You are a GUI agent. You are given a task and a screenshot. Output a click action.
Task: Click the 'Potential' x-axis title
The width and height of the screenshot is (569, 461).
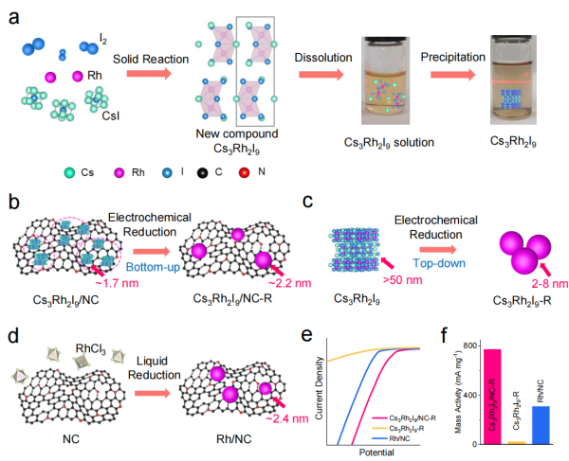[376, 454]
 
